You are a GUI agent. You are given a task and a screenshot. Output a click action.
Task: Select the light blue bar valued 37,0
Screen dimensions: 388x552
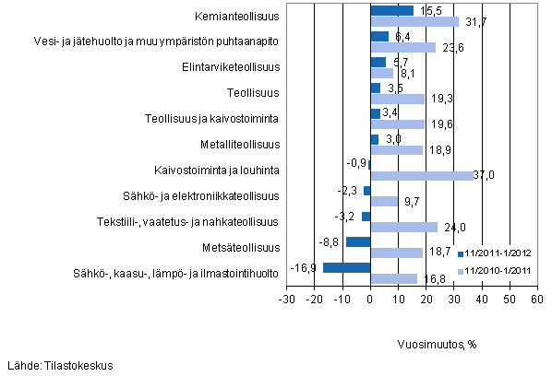(x=421, y=175)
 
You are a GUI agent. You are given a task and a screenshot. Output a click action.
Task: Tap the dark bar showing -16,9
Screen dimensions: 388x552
(x=347, y=267)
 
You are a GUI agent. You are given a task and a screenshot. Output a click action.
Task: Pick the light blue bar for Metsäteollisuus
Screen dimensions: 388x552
(x=396, y=253)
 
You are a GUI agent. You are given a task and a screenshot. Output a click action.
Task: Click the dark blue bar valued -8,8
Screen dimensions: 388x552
(x=358, y=241)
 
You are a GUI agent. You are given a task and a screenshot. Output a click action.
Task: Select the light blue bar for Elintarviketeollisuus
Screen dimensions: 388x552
(x=381, y=72)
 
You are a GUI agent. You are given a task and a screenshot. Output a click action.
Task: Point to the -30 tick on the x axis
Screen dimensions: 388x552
(x=286, y=300)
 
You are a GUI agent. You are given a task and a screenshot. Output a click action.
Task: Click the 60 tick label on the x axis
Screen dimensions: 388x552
(x=536, y=300)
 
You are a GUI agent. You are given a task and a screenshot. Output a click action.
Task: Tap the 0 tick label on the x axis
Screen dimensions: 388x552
(x=370, y=300)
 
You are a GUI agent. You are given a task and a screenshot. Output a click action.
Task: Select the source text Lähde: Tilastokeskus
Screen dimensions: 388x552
(x=60, y=366)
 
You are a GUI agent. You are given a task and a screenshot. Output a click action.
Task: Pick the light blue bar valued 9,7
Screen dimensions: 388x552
(x=384, y=201)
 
